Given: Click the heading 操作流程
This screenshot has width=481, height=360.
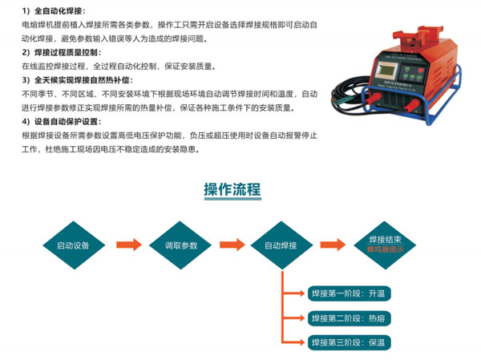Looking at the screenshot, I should [232, 190].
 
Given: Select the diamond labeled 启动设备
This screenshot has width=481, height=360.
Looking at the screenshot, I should [73, 245].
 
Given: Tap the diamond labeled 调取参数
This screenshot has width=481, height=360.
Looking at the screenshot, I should [181, 245].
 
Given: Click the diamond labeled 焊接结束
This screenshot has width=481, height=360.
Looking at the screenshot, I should [385, 240].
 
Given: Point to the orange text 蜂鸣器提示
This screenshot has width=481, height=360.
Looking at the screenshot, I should [385, 250].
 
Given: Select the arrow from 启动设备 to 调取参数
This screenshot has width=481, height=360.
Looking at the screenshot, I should [127, 245].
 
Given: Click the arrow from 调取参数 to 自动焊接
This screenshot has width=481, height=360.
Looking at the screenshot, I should [232, 245].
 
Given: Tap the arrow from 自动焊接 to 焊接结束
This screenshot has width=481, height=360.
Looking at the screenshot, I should [332, 245].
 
